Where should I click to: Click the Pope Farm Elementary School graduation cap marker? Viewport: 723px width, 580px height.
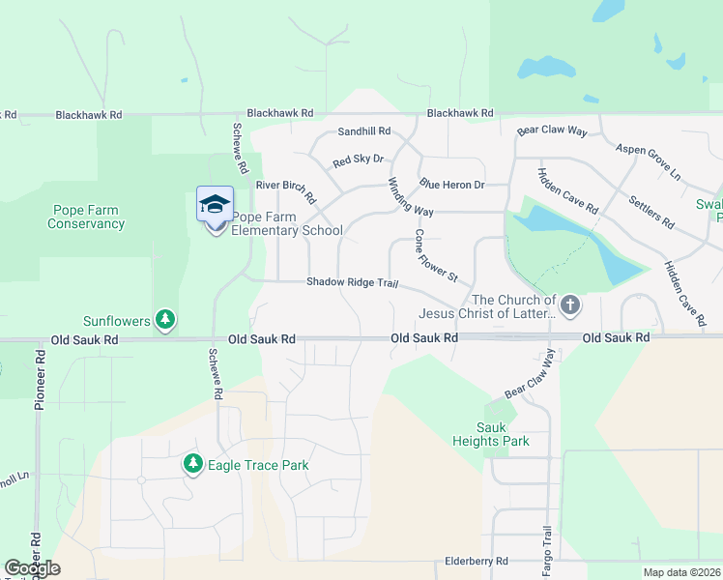pyautogui.click(x=215, y=204)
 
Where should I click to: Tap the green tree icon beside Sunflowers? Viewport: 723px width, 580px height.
pyautogui.click(x=165, y=318)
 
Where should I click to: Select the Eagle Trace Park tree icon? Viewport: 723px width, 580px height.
pyautogui.click(x=193, y=465)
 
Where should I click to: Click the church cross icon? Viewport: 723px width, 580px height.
pyautogui.click(x=570, y=306)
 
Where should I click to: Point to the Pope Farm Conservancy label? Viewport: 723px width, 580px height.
pyautogui.click(x=87, y=217)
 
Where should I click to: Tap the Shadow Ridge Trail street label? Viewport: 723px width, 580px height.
pyautogui.click(x=353, y=282)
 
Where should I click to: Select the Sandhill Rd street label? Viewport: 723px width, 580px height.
pyautogui.click(x=363, y=130)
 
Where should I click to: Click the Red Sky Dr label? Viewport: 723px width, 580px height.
pyautogui.click(x=359, y=160)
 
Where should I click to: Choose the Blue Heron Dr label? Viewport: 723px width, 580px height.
pyautogui.click(x=451, y=184)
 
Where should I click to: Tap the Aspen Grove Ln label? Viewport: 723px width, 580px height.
pyautogui.click(x=649, y=159)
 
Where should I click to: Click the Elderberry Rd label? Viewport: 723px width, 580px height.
pyautogui.click(x=476, y=561)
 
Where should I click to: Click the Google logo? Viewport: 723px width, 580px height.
pyautogui.click(x=33, y=568)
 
